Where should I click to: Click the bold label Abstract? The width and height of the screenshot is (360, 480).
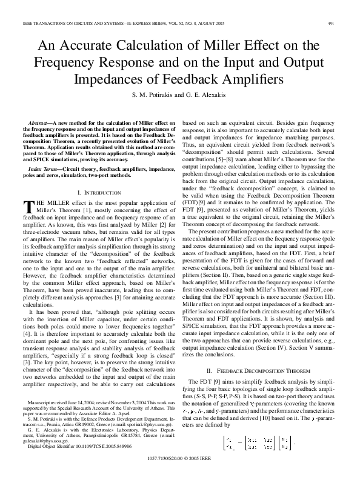41,122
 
